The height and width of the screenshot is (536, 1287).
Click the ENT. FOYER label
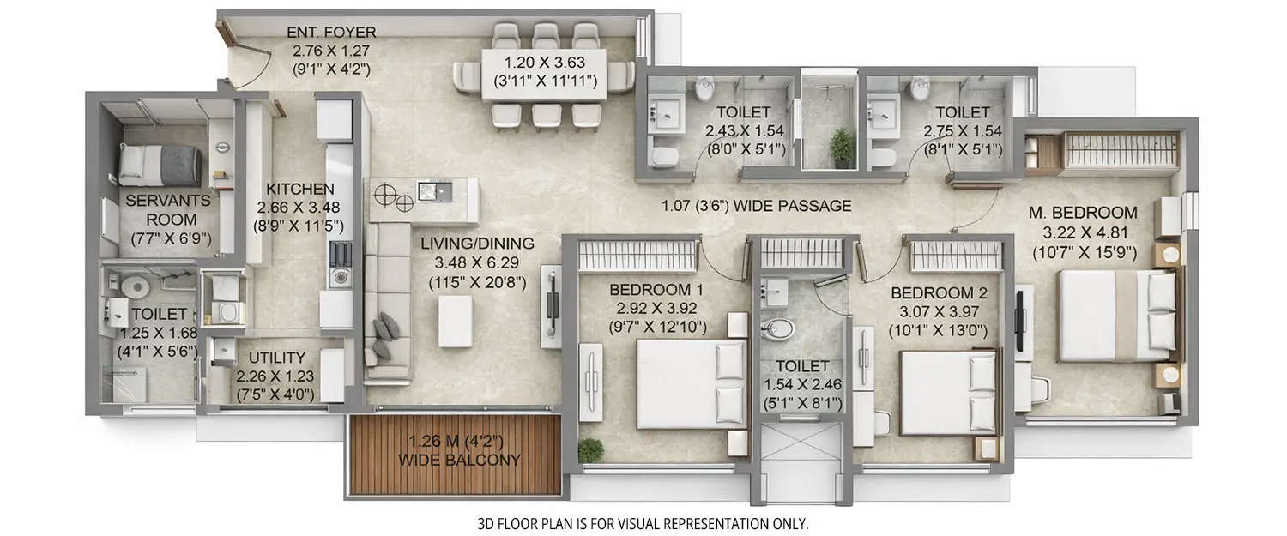330,33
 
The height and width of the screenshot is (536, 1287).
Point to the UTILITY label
276,357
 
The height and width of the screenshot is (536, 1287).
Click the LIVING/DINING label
477,244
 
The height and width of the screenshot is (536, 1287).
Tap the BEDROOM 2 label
939,293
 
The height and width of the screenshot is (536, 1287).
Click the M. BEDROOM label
1084,213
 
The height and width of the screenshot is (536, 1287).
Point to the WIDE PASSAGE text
757,206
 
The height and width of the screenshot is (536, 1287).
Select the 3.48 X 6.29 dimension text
476,262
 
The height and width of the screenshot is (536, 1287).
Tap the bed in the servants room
160,164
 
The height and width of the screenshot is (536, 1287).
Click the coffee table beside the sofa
455,321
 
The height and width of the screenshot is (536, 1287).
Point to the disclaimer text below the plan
643,522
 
